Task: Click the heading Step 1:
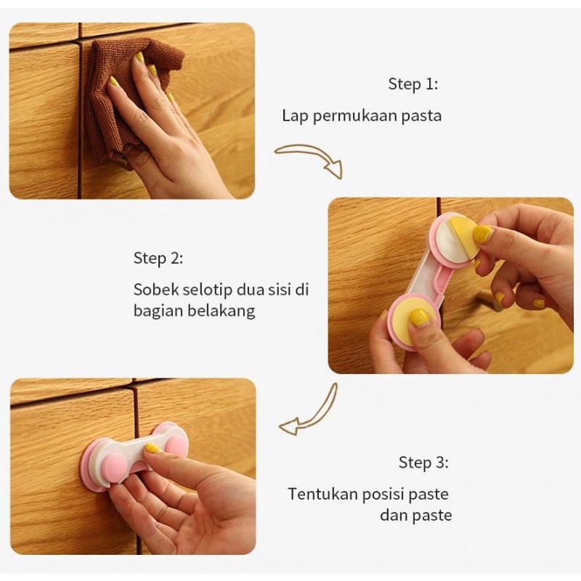point(413,84)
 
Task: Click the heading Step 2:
point(158,259)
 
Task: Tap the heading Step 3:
point(423,463)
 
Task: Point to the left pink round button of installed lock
point(113,465)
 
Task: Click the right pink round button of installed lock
point(176,444)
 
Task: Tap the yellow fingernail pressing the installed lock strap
point(153,449)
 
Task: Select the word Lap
point(296,116)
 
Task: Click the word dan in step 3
point(394,515)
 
